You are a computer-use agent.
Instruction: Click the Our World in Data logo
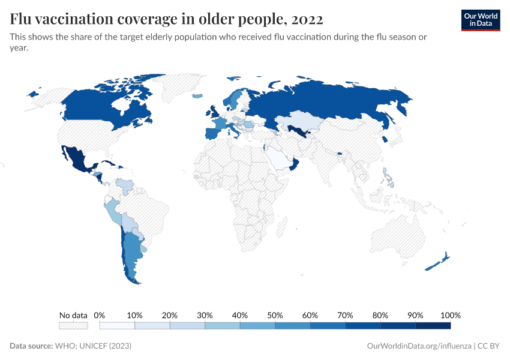tap(480, 20)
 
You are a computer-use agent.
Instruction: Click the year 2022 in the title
tap(307, 19)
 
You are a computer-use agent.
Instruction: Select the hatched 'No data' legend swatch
tap(73, 325)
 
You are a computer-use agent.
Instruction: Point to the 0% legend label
tap(100, 315)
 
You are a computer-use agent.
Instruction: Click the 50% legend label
tap(275, 315)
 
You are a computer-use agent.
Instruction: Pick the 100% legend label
tap(450, 315)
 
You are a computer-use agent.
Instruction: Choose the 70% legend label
tap(345, 315)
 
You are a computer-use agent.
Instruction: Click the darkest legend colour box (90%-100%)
tap(433, 325)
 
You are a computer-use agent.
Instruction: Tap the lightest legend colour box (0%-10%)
tap(117, 325)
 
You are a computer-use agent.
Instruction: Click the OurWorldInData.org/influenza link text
tap(419, 346)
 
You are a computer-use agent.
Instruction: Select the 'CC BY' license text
tap(488, 346)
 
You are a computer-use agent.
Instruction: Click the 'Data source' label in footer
tap(31, 346)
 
